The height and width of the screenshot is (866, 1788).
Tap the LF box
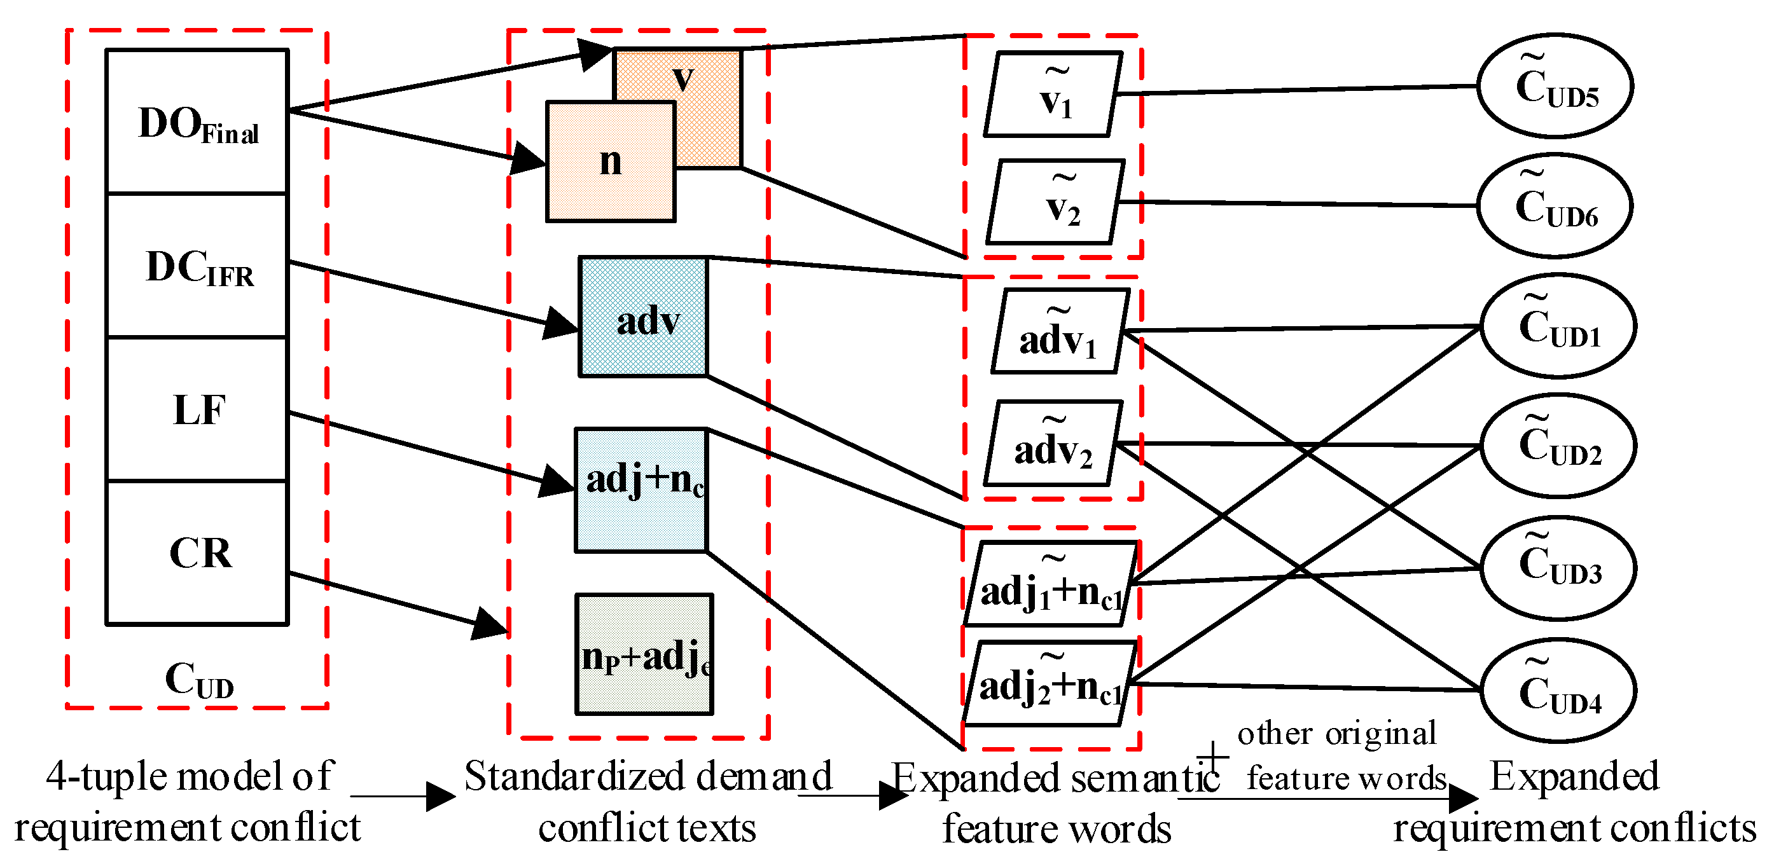tap(197, 409)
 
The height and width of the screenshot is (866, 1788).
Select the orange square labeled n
tap(610, 162)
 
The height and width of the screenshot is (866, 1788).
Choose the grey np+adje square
tap(644, 654)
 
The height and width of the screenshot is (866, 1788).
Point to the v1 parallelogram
tap(1053, 94)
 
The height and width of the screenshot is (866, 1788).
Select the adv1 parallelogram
tap(1060, 332)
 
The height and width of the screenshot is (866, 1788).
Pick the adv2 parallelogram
tap(1053, 443)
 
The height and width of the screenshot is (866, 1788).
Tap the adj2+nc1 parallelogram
tap(1050, 684)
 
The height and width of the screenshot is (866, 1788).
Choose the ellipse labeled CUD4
tap(1558, 691)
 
